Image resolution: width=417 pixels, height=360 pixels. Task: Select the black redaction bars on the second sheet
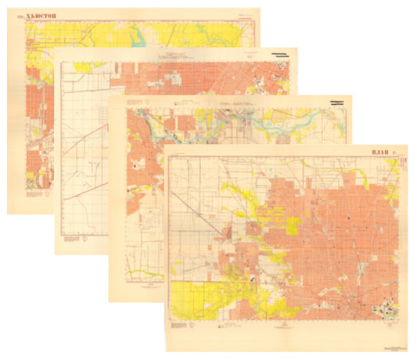coord(280,54)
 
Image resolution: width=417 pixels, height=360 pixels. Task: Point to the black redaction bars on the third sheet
coord(339,103)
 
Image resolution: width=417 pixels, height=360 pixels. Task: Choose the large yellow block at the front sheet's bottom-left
coord(191,301)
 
